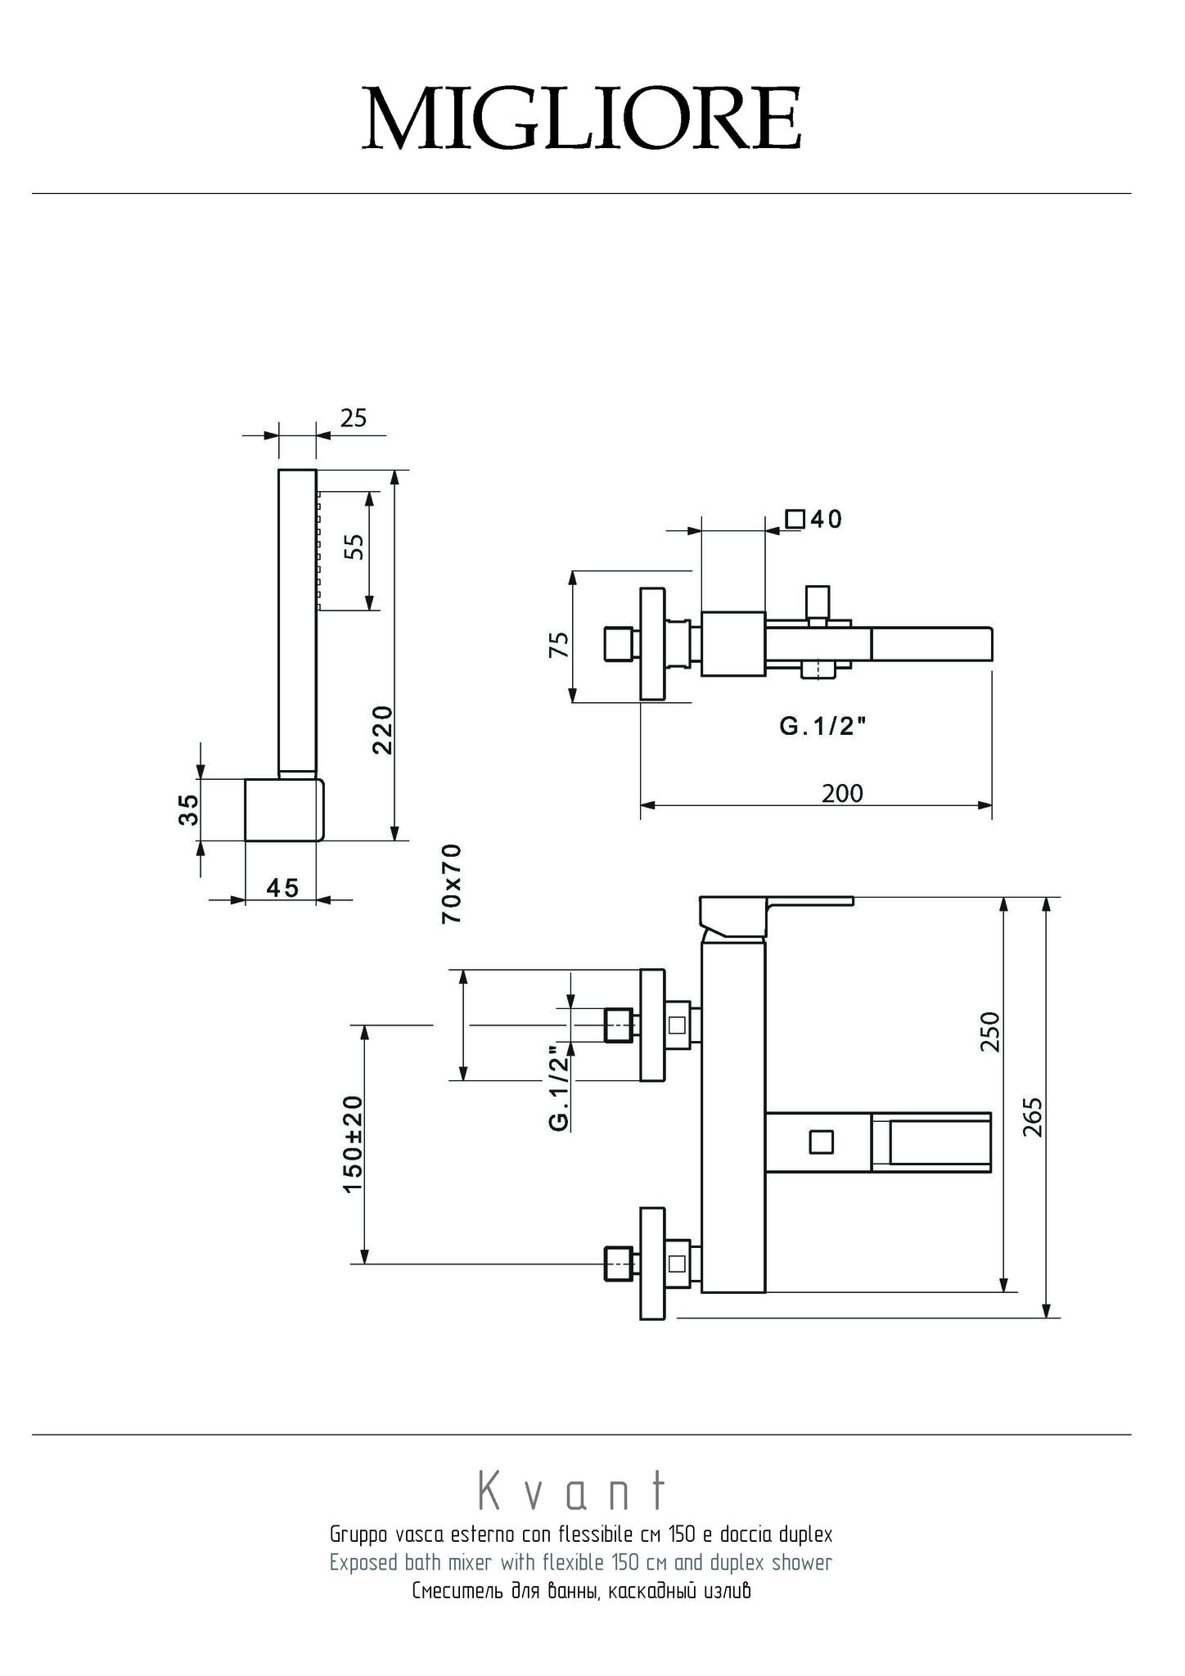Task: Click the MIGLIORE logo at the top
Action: pyautogui.click(x=582, y=119)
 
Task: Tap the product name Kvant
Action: pyautogui.click(x=573, y=1491)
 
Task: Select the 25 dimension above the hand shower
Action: pyautogui.click(x=354, y=418)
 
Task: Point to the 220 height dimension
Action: pyautogui.click(x=383, y=730)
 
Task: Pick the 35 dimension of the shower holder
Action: pyautogui.click(x=188, y=810)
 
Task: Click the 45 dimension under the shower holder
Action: pyautogui.click(x=282, y=887)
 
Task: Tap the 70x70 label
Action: pyautogui.click(x=452, y=884)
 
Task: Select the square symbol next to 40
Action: pyautogui.click(x=794, y=519)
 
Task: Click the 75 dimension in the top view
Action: pyautogui.click(x=559, y=644)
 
